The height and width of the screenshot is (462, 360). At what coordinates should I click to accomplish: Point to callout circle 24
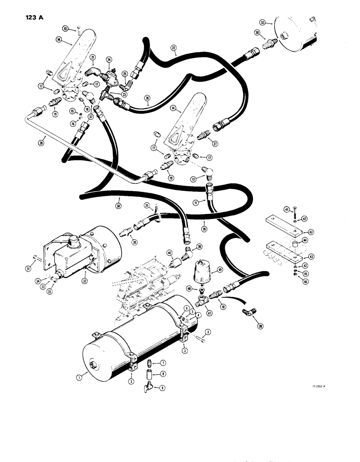(x=109, y=60)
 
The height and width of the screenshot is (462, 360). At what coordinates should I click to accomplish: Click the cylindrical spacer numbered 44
(x=293, y=242)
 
